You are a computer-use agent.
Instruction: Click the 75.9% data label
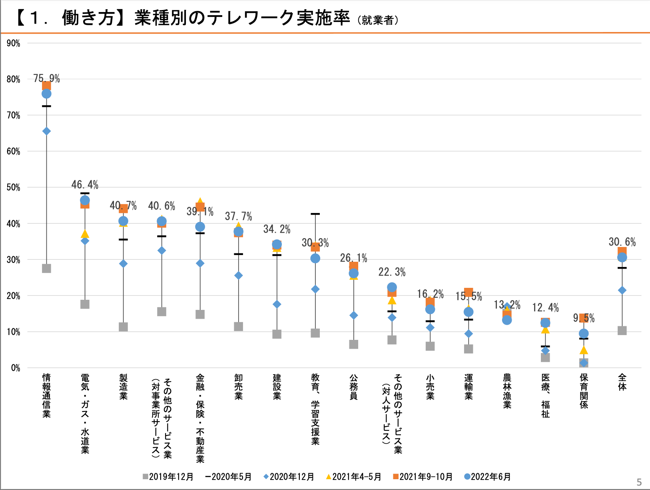(46, 78)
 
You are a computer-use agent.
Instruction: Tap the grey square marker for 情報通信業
(46, 268)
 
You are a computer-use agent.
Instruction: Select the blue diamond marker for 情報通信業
(46, 131)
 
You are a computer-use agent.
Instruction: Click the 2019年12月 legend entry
(168, 477)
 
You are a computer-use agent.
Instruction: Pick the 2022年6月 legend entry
(487, 477)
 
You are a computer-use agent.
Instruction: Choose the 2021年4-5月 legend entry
(353, 477)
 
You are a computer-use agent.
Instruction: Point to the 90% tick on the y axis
(13, 43)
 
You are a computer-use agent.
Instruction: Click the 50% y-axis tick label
(13, 187)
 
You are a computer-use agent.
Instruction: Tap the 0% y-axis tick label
(15, 368)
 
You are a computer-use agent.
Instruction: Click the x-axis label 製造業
(123, 387)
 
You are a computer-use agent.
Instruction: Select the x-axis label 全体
(622, 382)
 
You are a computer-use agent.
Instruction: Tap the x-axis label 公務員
(353, 387)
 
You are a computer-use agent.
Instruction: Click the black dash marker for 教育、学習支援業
(315, 214)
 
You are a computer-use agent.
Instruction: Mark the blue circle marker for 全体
(622, 257)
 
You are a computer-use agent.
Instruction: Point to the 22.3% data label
(392, 272)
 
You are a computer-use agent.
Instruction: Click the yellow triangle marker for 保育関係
(584, 350)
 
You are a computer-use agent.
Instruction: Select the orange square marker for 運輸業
(469, 293)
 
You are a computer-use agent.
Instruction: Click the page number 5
(639, 482)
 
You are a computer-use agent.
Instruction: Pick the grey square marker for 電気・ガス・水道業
(85, 304)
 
